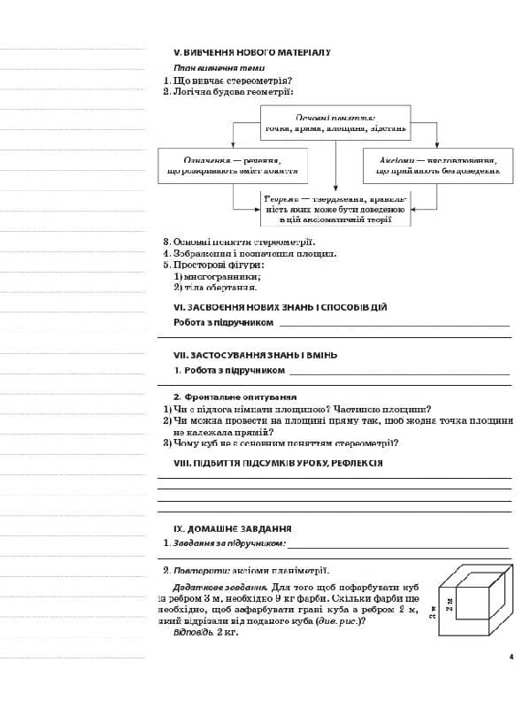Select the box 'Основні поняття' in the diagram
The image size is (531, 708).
(x=335, y=122)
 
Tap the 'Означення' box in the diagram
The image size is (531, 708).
(x=233, y=165)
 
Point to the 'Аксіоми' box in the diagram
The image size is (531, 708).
(x=437, y=165)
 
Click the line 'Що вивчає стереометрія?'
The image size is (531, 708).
(x=232, y=81)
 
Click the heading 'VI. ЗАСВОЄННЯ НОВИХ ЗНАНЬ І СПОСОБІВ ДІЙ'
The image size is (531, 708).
(x=280, y=307)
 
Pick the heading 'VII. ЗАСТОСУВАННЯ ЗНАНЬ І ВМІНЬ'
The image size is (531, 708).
(x=255, y=355)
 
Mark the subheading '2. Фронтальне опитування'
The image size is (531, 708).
(x=235, y=397)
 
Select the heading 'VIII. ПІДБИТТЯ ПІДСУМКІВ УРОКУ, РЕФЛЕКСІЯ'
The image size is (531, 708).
(x=278, y=463)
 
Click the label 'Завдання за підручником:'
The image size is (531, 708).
(x=228, y=543)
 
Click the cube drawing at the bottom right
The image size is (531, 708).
(x=476, y=603)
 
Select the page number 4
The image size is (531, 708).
(x=511, y=657)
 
